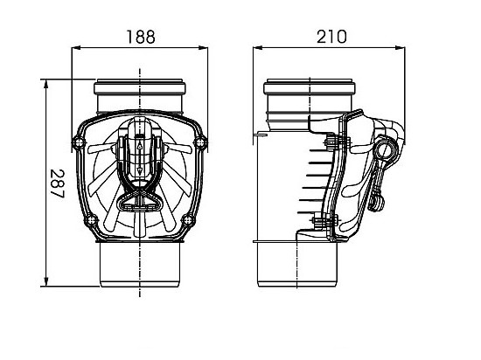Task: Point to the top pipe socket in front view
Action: pyautogui.click(x=140, y=92)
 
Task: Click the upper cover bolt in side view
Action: pyautogui.click(x=330, y=142)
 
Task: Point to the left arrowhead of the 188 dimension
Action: pyautogui.click(x=73, y=49)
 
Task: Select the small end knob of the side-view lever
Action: pyautogui.click(x=379, y=204)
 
